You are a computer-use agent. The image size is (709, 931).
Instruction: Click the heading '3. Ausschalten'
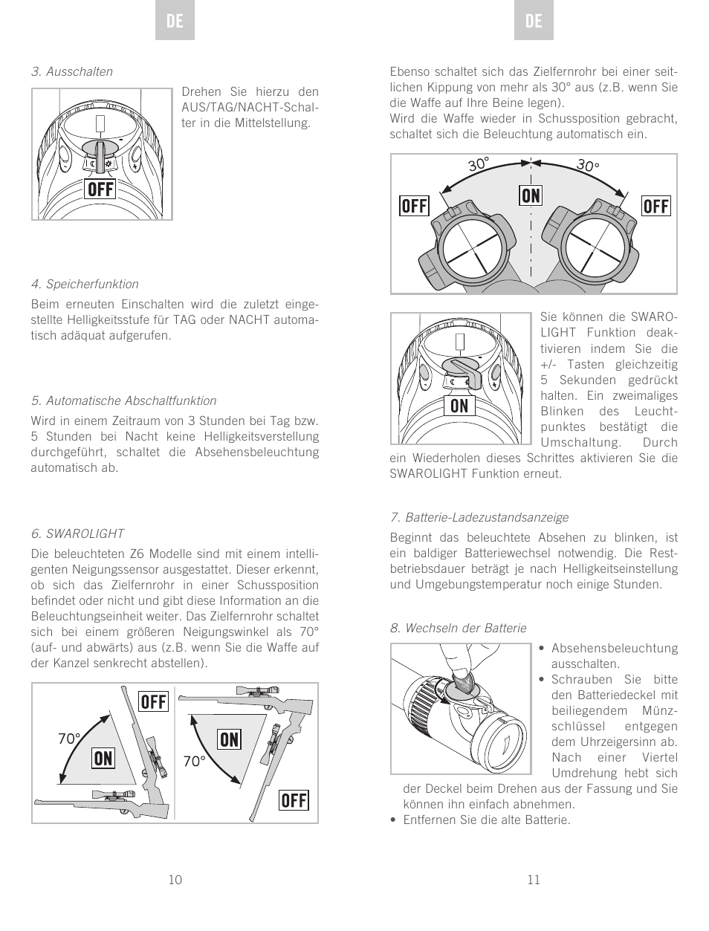[x=72, y=71]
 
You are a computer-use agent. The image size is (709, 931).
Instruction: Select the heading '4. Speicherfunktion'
[x=85, y=284]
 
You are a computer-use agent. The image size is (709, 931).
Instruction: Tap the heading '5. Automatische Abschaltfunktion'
[x=123, y=400]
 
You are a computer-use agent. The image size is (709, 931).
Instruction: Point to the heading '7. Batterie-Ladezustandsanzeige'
[x=479, y=517]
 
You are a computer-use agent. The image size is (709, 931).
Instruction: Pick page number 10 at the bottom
[x=175, y=880]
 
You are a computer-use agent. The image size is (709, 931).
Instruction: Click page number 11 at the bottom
[x=534, y=880]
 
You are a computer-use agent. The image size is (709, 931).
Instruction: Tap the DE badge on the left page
[x=175, y=22]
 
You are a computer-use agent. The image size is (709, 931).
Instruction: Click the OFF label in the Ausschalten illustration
[x=100, y=189]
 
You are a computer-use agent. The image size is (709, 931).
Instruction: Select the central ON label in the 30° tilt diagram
[x=531, y=195]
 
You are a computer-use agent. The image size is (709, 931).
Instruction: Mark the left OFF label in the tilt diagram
[x=414, y=206]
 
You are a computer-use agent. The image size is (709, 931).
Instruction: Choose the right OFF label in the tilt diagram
[x=655, y=206]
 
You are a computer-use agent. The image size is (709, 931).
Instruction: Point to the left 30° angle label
[x=479, y=164]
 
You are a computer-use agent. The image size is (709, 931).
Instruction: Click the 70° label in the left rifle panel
[x=68, y=739]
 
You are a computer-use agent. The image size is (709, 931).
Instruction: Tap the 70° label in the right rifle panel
[x=195, y=762]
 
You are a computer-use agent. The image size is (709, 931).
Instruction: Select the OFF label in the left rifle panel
[x=154, y=701]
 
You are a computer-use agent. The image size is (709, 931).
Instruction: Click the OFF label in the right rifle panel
[x=294, y=800]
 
